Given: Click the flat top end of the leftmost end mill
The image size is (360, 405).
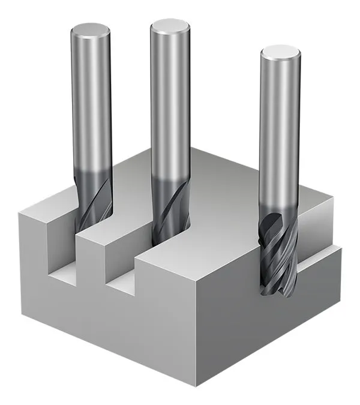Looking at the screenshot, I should click(x=91, y=29).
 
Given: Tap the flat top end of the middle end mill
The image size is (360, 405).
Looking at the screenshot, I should click(x=170, y=25).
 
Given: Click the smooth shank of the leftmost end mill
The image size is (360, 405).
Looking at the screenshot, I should click(x=91, y=102).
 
